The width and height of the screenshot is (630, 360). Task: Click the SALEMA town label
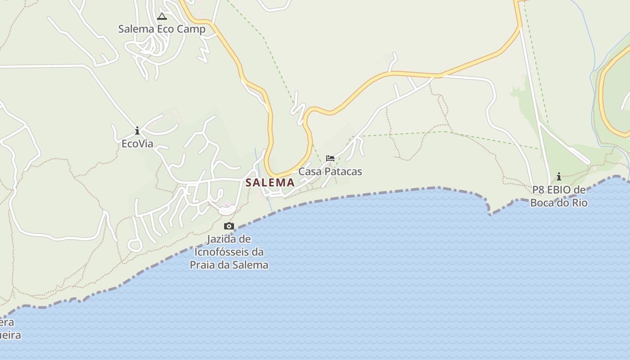(x=270, y=183)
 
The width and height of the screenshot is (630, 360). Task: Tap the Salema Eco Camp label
(x=162, y=29)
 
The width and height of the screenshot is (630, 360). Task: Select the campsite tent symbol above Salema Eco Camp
(x=162, y=17)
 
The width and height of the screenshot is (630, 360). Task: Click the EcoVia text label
(x=137, y=144)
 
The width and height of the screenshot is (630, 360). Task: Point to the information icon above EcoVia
(x=137, y=131)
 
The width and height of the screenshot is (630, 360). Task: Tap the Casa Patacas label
(x=330, y=171)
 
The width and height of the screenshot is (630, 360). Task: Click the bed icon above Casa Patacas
(x=330, y=158)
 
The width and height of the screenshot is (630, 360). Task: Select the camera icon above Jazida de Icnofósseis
(x=229, y=226)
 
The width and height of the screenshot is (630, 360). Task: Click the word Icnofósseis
(x=229, y=252)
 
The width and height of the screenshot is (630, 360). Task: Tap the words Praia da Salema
(x=229, y=265)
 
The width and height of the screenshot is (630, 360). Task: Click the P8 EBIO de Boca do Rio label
(x=559, y=196)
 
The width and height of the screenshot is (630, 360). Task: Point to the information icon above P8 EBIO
(x=559, y=176)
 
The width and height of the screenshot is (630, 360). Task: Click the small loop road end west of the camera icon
(x=135, y=246)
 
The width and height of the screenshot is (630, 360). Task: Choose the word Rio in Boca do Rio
(x=579, y=203)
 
